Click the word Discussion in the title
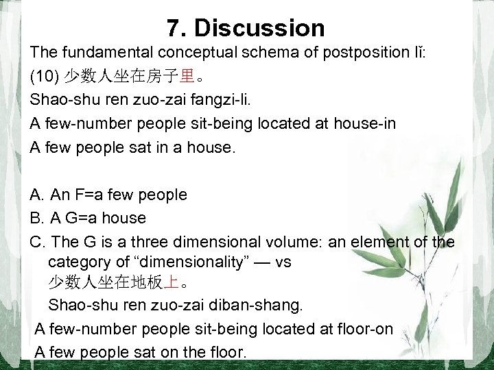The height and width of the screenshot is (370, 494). pyautogui.click(x=260, y=28)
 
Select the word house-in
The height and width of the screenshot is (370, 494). pyautogui.click(x=337, y=123)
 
